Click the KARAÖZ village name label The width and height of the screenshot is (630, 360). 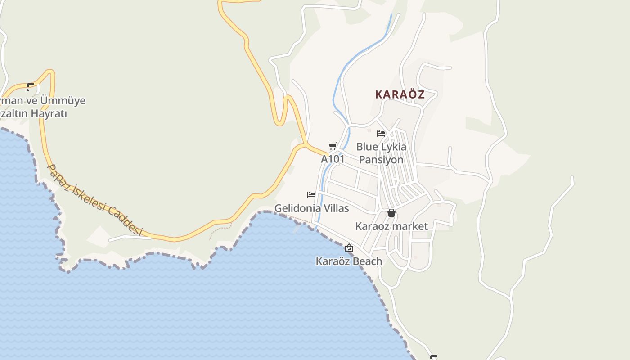point(400,94)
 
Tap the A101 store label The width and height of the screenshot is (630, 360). point(333,159)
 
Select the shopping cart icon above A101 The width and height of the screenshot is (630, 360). point(333,146)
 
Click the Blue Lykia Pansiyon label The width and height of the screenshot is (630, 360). point(381,153)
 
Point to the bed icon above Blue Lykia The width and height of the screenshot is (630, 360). point(381,133)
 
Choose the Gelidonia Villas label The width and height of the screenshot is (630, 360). point(311,208)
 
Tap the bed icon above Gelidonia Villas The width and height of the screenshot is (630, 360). point(311,195)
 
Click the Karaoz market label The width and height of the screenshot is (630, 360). point(391,226)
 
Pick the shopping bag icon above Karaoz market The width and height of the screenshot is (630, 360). point(391,213)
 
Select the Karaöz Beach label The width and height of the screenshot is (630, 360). point(349,261)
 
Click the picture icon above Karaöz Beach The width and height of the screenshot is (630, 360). point(349,248)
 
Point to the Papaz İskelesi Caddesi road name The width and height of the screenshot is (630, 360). point(94,200)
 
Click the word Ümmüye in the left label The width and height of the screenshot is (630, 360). point(63,100)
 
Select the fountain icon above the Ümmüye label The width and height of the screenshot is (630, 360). point(30,87)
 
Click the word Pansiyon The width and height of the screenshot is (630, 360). point(381,160)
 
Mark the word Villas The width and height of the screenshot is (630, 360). point(335,208)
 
